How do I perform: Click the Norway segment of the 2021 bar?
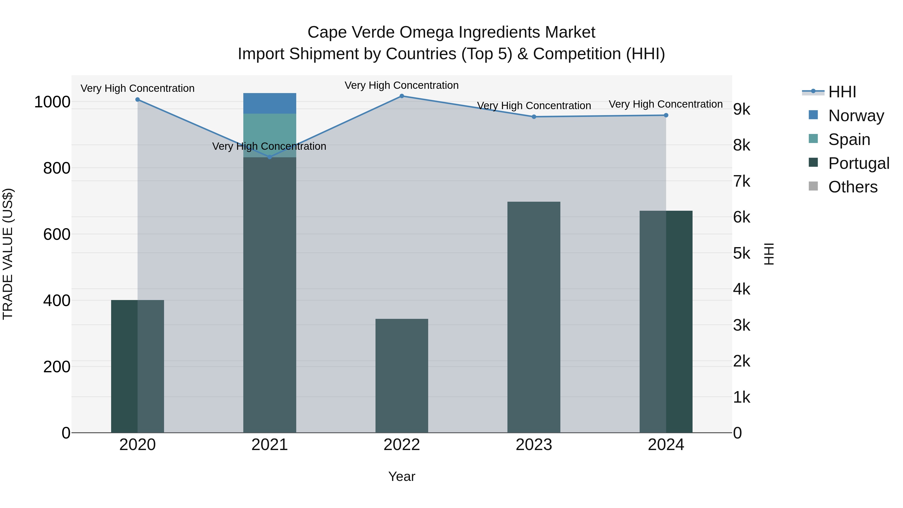point(270,103)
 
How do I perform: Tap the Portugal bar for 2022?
point(402,375)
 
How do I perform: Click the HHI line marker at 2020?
point(137,100)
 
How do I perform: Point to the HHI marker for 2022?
point(402,96)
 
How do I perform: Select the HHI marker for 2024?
point(666,115)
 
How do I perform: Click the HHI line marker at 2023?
point(534,117)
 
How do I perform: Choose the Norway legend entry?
point(856,115)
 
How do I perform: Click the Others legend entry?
point(853,187)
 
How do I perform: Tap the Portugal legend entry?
point(859,163)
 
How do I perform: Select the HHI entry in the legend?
point(842,92)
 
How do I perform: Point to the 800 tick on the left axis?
point(56,168)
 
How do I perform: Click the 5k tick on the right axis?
point(742,253)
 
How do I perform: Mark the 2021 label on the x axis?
point(270,445)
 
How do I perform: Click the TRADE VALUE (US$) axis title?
point(8,254)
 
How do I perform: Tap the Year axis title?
point(402,476)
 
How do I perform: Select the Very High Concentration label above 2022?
point(402,85)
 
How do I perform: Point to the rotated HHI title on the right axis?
point(769,254)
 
